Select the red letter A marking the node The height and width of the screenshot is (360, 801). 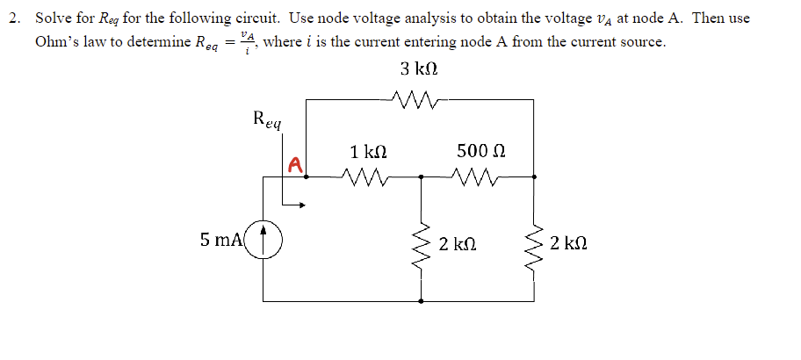(x=295, y=164)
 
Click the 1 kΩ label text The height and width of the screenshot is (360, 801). (x=368, y=152)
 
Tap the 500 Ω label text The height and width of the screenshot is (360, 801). (x=480, y=152)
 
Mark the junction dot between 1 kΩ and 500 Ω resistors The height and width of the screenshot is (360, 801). (x=422, y=176)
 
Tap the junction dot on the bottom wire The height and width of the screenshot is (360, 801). (x=422, y=301)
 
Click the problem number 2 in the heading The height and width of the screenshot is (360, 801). (x=15, y=17)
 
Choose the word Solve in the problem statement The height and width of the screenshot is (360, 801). (x=52, y=17)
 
